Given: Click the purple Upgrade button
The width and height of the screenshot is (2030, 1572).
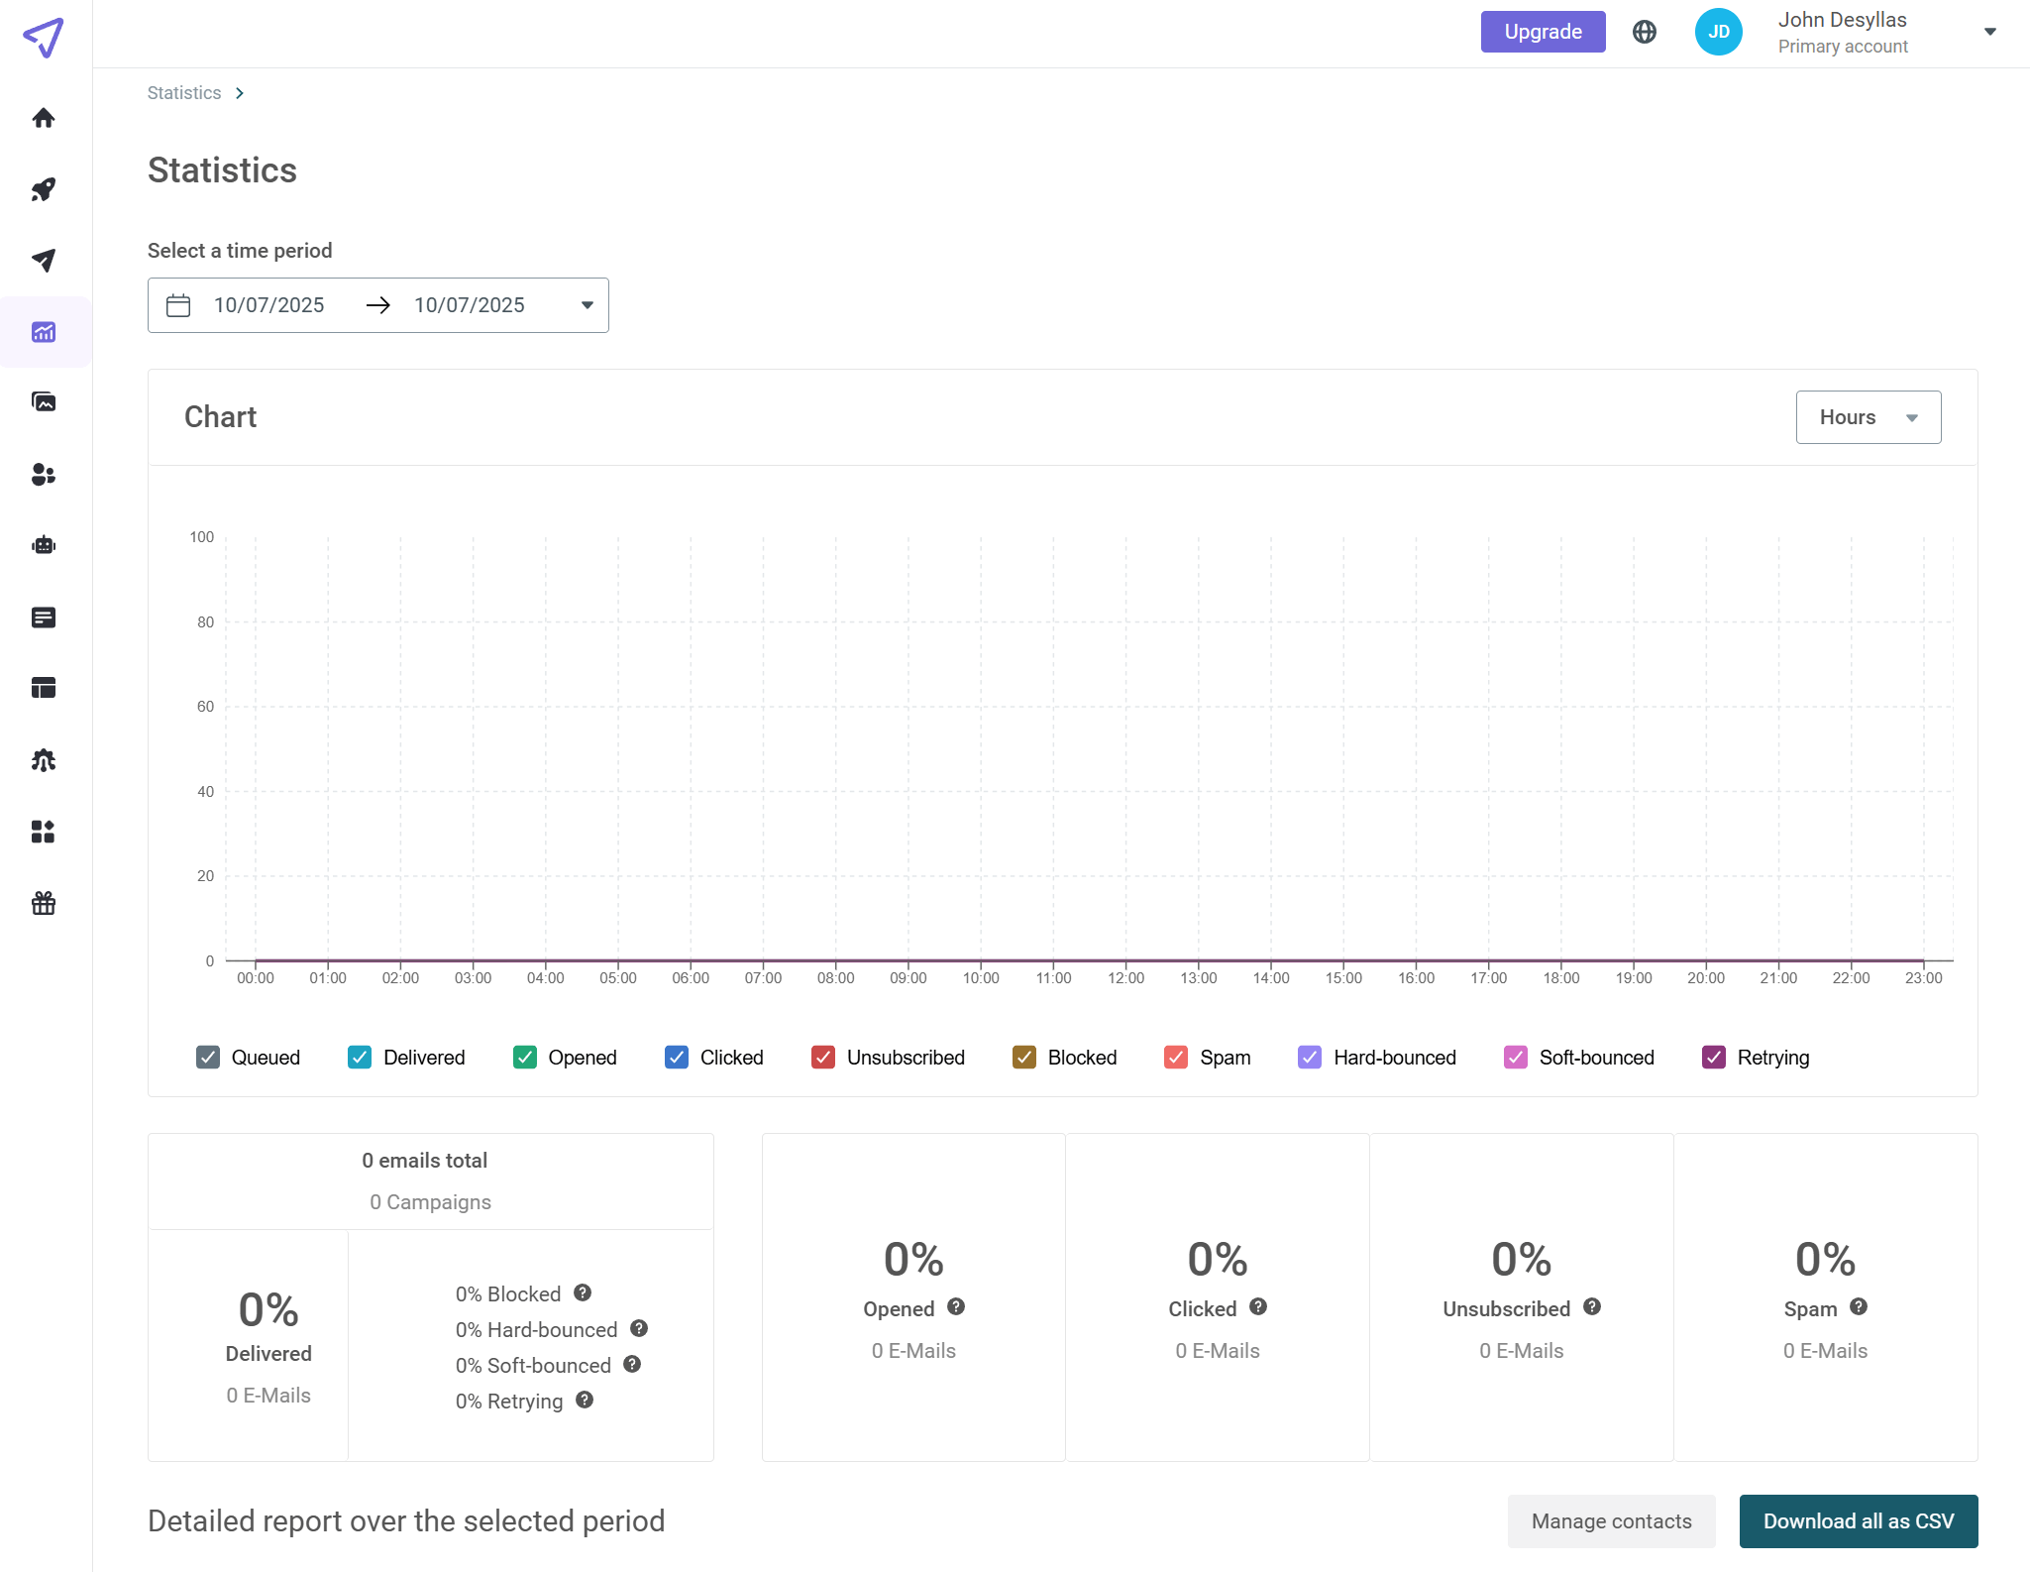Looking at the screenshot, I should click(1542, 32).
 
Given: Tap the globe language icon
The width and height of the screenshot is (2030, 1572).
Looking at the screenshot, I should click(1644, 32).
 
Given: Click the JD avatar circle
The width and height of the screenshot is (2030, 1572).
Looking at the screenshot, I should click(1718, 32).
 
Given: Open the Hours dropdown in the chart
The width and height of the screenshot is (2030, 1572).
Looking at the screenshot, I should click(1868, 417).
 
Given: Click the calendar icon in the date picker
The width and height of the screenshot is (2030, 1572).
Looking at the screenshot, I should click(178, 305).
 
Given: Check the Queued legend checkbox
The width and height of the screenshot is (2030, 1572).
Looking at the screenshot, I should click(208, 1058).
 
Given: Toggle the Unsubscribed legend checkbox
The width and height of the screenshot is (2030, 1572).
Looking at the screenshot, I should click(823, 1058).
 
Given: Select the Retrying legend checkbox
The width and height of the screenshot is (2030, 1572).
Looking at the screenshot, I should click(1713, 1058).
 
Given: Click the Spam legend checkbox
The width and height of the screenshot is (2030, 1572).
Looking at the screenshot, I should click(1176, 1058).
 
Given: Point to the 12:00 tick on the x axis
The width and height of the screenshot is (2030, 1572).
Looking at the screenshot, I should click(1125, 977).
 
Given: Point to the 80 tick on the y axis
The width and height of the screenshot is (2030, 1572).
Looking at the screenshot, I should click(205, 622).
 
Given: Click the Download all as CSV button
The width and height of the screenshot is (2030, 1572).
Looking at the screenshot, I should click(1858, 1521).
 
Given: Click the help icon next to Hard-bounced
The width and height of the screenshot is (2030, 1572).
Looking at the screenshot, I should click(639, 1329).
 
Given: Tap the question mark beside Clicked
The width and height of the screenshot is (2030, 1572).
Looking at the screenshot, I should click(1258, 1307).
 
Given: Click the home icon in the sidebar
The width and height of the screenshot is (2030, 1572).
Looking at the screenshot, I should click(44, 118).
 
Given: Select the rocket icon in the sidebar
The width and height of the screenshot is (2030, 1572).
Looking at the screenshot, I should click(44, 189).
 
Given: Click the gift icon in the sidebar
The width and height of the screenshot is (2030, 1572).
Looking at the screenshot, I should click(44, 903).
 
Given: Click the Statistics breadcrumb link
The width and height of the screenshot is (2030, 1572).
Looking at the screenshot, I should click(184, 93).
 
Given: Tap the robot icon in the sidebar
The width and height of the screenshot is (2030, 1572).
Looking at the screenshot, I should click(44, 545).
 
